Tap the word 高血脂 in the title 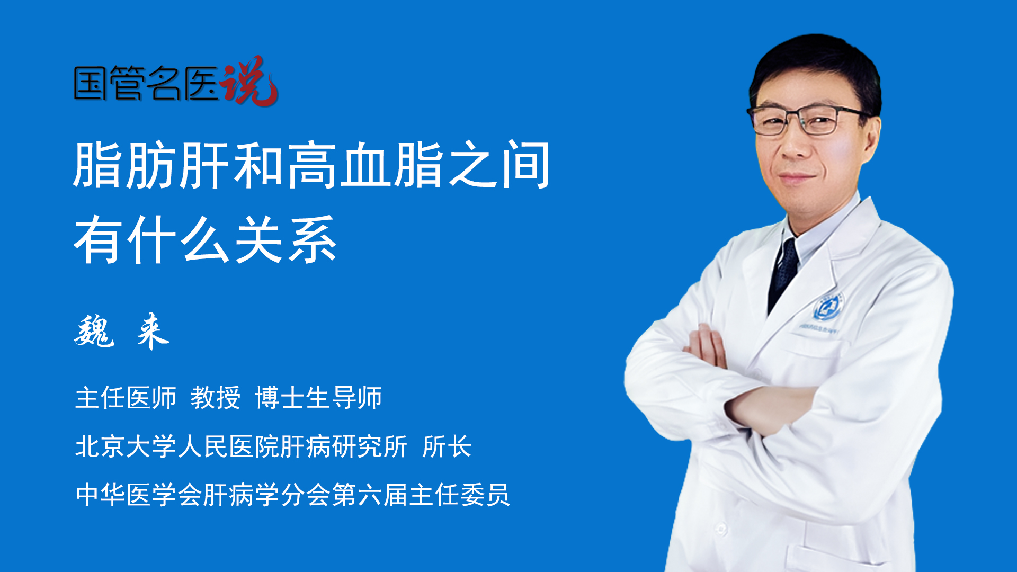pos(365,165)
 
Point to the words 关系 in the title pos(286,240)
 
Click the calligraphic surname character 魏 pos(94,331)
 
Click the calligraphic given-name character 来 pos(153,331)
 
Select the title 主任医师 pos(126,398)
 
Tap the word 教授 pos(216,398)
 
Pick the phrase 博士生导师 pos(318,398)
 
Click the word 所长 pos(447,446)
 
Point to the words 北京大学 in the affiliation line pos(126,446)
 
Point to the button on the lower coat pos(721,528)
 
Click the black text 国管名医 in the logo pos(146,83)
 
